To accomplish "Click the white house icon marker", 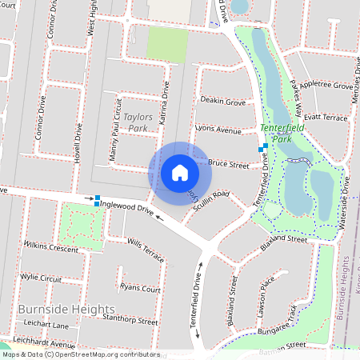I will click(180, 172).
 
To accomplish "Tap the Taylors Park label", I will click(132, 122).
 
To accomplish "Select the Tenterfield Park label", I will click(277, 133).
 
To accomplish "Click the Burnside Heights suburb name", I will click(66, 309).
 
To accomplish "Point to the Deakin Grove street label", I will click(222, 102).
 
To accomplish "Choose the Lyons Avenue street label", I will click(218, 130).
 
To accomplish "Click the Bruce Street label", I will click(229, 164).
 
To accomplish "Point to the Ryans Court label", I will click(139, 288).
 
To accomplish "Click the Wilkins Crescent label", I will click(52, 246).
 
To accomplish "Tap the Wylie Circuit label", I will click(41, 278).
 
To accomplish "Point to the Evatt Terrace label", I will click(325, 117).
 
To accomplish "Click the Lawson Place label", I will click(267, 294).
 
